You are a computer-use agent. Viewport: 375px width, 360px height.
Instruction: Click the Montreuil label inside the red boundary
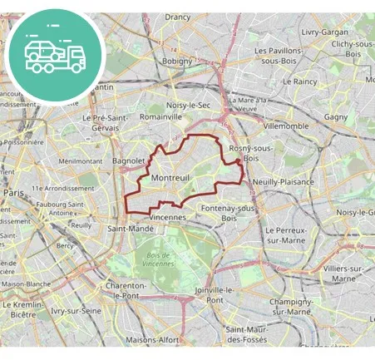tap(171, 178)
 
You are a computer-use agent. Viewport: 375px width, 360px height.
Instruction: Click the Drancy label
tap(178, 17)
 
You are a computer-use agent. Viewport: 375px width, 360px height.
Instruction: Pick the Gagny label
tap(336, 117)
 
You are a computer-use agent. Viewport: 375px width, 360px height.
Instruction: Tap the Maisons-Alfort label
tap(152, 340)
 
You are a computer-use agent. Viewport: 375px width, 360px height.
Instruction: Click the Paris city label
tap(14, 193)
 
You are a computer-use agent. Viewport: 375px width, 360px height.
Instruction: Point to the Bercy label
tap(65, 246)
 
